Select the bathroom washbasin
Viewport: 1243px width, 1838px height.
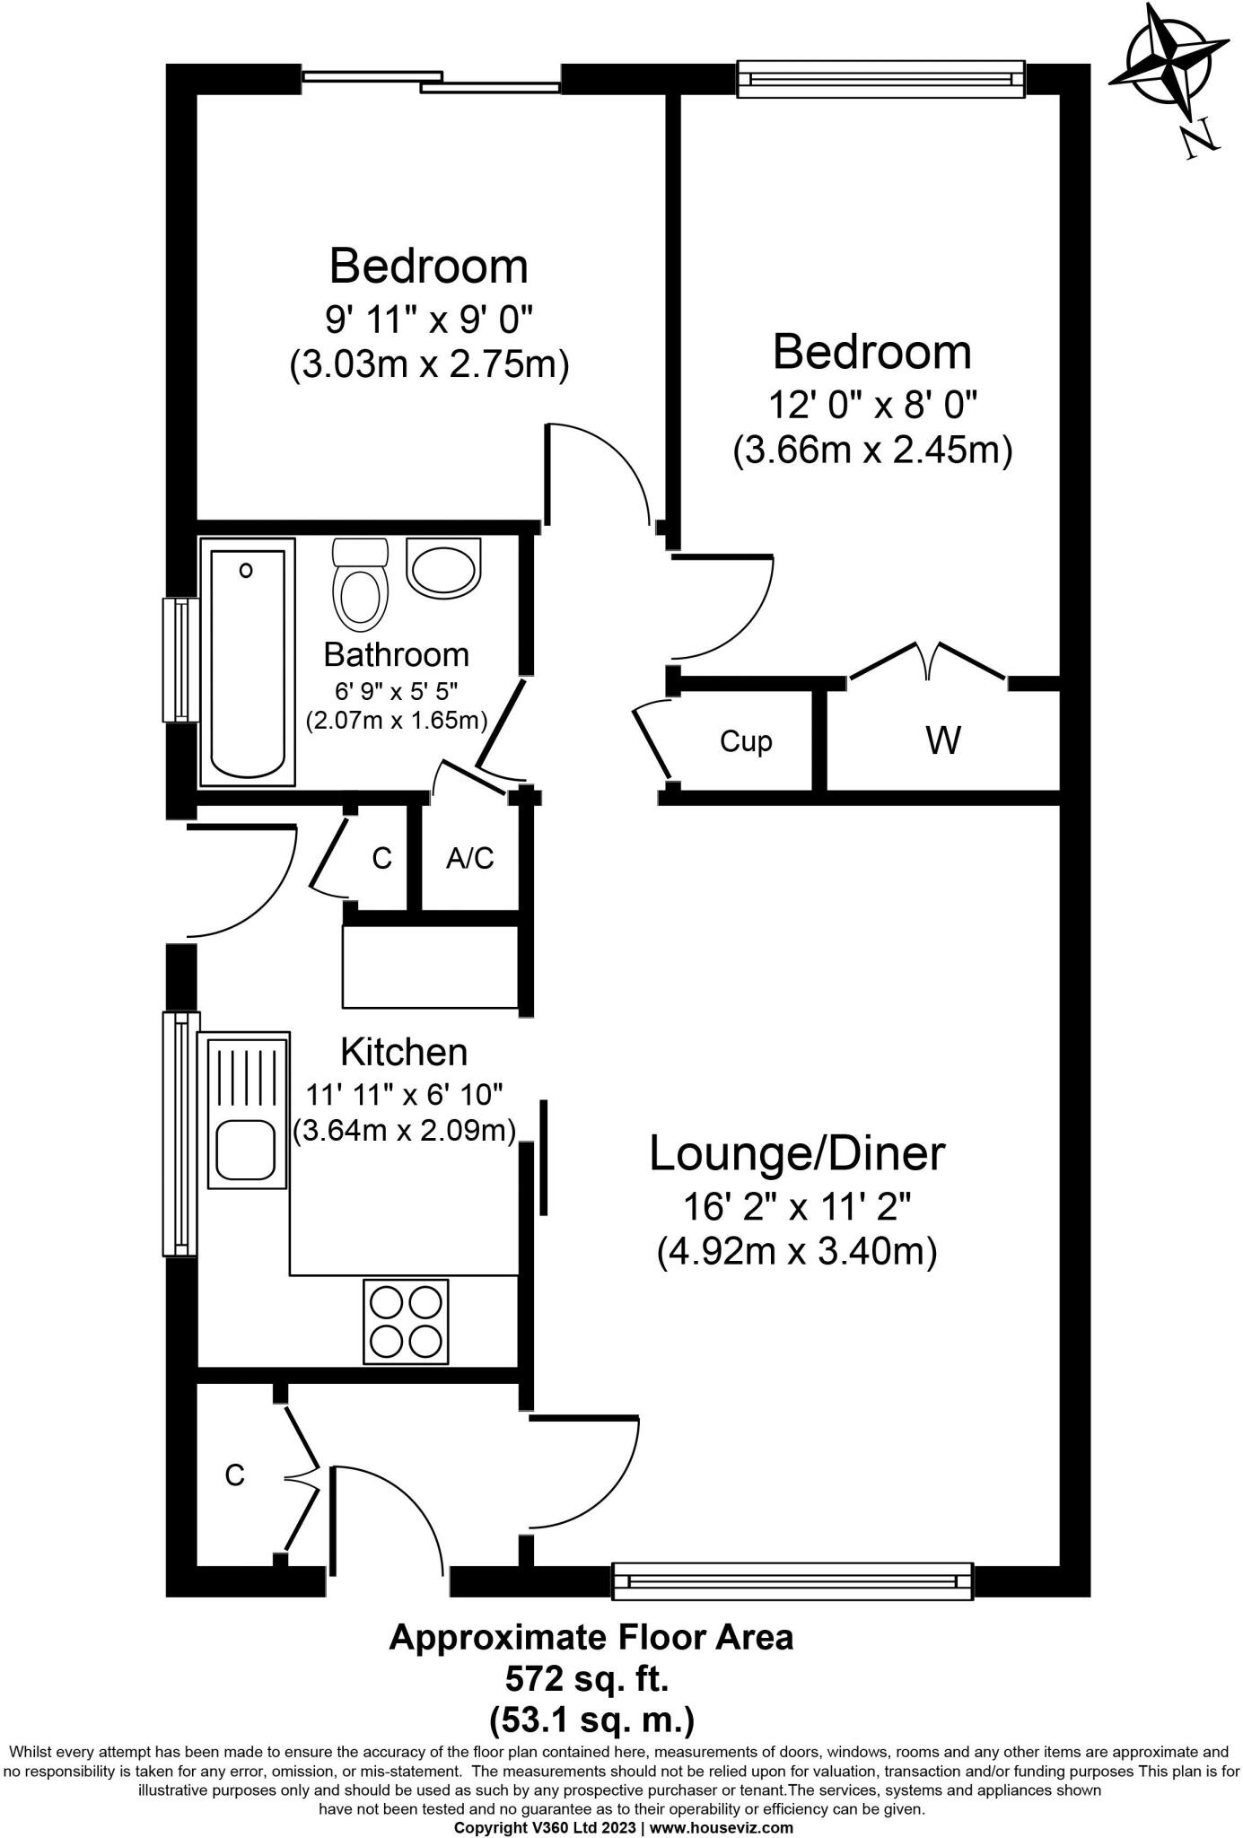(x=443, y=567)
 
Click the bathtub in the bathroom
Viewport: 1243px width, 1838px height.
(x=248, y=662)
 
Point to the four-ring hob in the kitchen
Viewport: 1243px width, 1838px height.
(x=406, y=1322)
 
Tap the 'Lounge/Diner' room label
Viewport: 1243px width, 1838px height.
(x=797, y=1153)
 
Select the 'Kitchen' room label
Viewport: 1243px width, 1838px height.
(x=404, y=1051)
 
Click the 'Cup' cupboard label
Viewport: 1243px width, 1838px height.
(x=746, y=741)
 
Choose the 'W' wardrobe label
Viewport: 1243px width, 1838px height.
(x=943, y=740)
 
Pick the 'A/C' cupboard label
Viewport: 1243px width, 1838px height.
(x=470, y=858)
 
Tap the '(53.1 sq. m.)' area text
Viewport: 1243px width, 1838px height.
(x=591, y=1720)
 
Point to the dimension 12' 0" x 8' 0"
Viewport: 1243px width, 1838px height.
(x=872, y=405)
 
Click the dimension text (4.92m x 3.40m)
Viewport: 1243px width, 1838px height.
(x=797, y=1250)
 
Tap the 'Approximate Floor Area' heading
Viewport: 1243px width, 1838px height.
(x=591, y=1637)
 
